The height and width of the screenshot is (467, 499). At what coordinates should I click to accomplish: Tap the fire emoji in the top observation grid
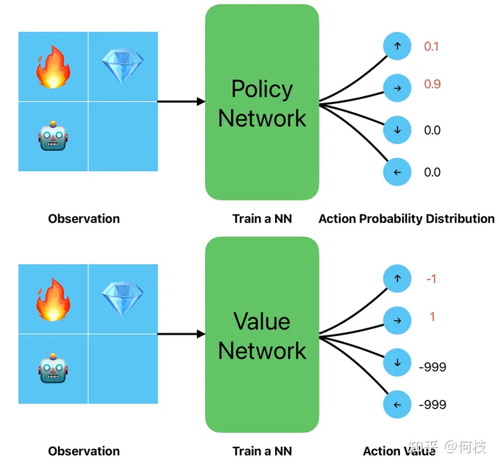pyautogui.click(x=53, y=67)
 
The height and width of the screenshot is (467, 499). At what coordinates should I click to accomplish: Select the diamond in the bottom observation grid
pyautogui.click(x=122, y=299)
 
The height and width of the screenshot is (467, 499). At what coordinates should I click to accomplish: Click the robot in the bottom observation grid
pyautogui.click(x=53, y=369)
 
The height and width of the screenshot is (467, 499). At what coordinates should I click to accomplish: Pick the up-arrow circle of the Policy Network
pyautogui.click(x=397, y=46)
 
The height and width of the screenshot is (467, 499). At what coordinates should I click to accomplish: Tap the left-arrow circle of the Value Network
pyautogui.click(x=397, y=405)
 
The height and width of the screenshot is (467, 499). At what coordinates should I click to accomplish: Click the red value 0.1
pyautogui.click(x=432, y=47)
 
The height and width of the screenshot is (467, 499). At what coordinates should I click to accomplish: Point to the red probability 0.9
pyautogui.click(x=432, y=85)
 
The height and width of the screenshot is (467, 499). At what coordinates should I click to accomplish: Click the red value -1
pyautogui.click(x=432, y=279)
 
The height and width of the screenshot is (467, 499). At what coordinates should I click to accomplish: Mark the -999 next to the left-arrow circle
pyautogui.click(x=432, y=405)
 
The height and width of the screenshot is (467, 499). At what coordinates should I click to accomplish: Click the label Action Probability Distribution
pyautogui.click(x=406, y=218)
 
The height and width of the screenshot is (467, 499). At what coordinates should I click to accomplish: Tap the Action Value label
pyautogui.click(x=399, y=451)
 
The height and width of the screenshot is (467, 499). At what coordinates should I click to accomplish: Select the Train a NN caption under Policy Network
pyautogui.click(x=262, y=218)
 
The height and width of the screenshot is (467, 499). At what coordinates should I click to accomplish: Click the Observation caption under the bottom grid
pyautogui.click(x=84, y=451)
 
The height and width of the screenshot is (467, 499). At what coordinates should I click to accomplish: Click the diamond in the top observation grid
pyautogui.click(x=122, y=67)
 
